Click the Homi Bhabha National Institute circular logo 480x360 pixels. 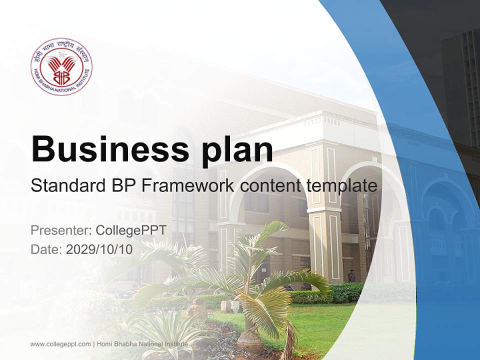click(x=60, y=66)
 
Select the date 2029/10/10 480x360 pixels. click(x=99, y=249)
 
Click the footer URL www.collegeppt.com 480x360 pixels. click(x=60, y=344)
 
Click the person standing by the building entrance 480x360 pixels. click(x=352, y=276)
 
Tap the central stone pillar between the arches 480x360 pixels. click(x=323, y=240)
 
